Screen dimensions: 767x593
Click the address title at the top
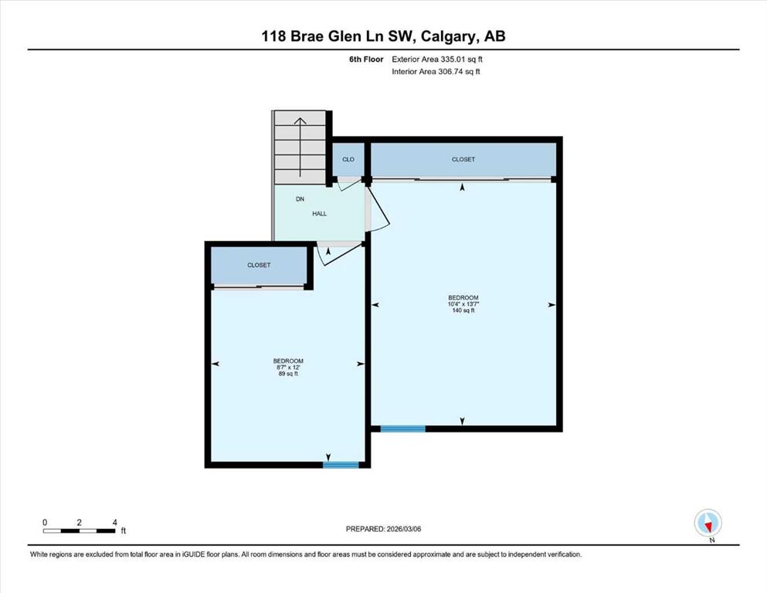point(383,36)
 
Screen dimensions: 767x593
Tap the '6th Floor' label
point(366,59)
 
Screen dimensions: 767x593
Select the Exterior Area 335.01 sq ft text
point(437,59)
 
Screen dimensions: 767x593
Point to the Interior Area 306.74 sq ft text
point(436,71)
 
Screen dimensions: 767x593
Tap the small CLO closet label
point(348,159)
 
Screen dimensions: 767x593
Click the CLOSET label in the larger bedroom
point(463,159)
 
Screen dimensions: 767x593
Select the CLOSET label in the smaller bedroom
point(259,265)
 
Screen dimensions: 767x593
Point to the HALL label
point(320,214)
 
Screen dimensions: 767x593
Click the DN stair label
point(300,199)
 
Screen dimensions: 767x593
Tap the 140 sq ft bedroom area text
point(463,310)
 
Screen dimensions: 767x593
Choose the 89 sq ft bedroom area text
point(288,374)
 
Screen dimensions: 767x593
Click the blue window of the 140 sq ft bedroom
point(402,429)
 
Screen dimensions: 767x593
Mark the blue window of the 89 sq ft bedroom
point(341,465)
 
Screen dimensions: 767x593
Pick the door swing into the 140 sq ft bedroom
point(378,207)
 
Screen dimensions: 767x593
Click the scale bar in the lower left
point(80,530)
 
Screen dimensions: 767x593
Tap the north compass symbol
point(708,523)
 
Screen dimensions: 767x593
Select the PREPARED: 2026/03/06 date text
point(383,529)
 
